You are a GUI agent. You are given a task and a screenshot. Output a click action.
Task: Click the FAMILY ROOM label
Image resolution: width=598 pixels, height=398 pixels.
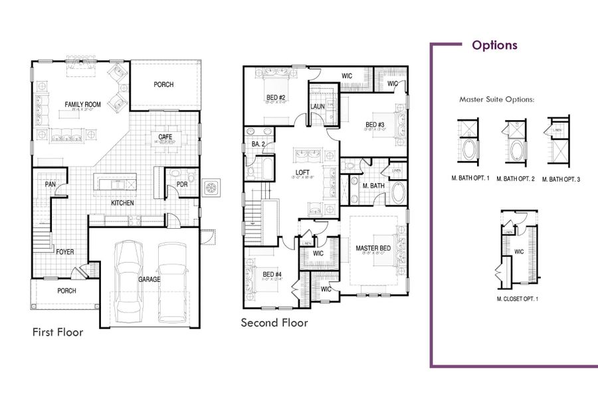click(x=82, y=104)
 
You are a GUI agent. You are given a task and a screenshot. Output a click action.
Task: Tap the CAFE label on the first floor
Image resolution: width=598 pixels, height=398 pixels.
click(x=165, y=137)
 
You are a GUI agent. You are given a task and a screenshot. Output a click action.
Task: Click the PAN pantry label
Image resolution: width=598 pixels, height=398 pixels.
click(x=50, y=184)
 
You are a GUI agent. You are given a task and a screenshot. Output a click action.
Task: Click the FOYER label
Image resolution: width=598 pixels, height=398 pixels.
click(x=65, y=252)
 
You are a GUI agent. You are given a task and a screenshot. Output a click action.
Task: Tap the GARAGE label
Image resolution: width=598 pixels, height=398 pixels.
click(x=149, y=280)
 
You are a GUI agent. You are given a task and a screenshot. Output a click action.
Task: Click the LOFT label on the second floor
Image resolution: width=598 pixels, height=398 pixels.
click(x=303, y=172)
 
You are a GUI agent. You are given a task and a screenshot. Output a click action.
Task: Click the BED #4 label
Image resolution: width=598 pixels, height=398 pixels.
click(x=272, y=275)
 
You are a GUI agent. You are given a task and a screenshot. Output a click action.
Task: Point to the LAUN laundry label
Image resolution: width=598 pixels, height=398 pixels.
click(x=317, y=106)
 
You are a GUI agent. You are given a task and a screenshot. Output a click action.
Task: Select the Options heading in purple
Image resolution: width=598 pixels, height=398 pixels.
click(x=494, y=45)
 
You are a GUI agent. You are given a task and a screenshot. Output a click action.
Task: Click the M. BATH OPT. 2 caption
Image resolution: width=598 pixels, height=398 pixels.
click(x=516, y=179)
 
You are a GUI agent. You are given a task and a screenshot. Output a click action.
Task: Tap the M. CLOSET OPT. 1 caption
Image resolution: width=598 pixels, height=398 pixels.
click(x=518, y=299)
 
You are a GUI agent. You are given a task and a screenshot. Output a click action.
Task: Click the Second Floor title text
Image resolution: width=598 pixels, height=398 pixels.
click(x=274, y=323)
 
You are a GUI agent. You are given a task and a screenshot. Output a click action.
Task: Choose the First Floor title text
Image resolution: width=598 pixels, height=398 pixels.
click(x=58, y=332)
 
